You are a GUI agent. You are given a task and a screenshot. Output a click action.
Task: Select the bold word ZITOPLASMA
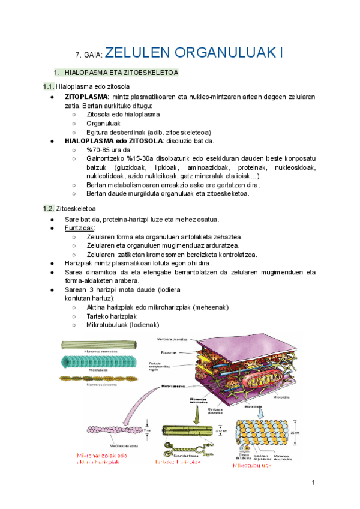86,97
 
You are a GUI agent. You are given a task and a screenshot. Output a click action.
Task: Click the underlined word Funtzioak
80,229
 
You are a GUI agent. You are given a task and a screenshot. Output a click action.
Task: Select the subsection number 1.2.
48,209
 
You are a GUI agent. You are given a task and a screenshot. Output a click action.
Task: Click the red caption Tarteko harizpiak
178,462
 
